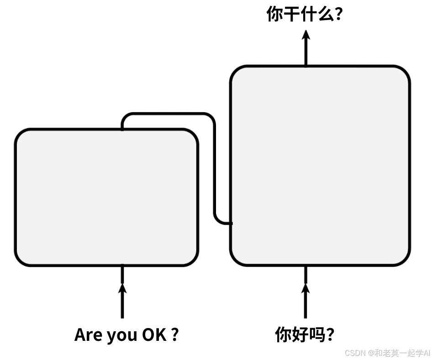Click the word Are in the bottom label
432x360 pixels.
click(x=89, y=335)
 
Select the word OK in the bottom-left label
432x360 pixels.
click(x=154, y=335)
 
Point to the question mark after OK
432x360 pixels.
click(x=174, y=335)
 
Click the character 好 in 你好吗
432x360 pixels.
click(x=300, y=335)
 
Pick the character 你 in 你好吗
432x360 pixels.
click(x=283, y=335)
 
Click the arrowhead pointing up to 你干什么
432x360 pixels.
click(x=306, y=35)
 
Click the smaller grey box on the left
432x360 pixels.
click(x=106, y=197)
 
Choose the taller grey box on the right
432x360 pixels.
click(x=320, y=165)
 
